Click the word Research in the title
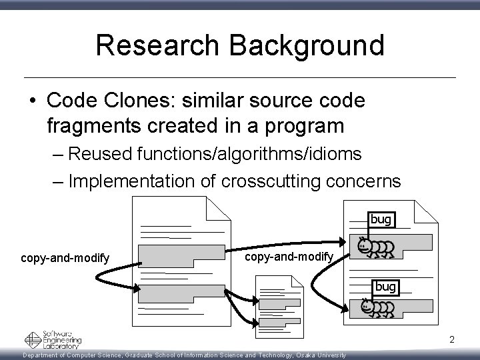coord(158,46)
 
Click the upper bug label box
coord(381,219)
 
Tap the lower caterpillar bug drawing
coord(377,307)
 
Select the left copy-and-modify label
coord(65,258)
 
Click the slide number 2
coord(451,340)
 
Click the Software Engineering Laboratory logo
coord(53,339)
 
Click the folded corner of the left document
coord(218,207)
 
